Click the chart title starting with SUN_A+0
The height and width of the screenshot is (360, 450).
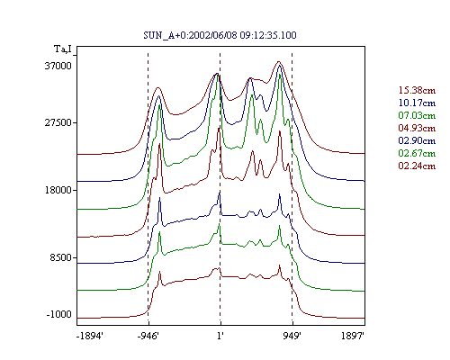[x=220, y=35]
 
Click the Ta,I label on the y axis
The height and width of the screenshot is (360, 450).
[x=63, y=49]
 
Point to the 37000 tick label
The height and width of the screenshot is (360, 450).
[x=58, y=66]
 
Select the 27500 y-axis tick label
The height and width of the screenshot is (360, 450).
[x=58, y=122]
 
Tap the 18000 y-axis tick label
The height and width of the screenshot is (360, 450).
[x=58, y=190]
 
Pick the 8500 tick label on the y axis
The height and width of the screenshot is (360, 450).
[x=61, y=257]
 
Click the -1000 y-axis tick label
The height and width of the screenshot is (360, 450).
[x=59, y=314]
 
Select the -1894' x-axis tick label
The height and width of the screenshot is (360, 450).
[x=90, y=337]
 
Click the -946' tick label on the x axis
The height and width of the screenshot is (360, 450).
[x=148, y=337]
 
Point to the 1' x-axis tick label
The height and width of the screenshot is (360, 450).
[x=220, y=337]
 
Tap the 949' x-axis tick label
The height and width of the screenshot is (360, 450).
[x=292, y=337]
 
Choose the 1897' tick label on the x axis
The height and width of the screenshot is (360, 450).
[x=353, y=337]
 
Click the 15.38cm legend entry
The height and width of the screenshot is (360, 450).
[x=417, y=90]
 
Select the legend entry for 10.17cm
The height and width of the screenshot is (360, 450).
[x=417, y=103]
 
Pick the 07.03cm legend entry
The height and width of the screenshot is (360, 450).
[x=417, y=115]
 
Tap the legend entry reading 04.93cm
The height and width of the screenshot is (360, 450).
[x=417, y=128]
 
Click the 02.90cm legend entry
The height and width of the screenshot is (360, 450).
[x=417, y=140]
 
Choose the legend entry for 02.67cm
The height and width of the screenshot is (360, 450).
[x=417, y=153]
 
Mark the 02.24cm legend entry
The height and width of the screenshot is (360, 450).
[x=417, y=166]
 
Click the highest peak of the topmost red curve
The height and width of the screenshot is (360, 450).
[x=279, y=62]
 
